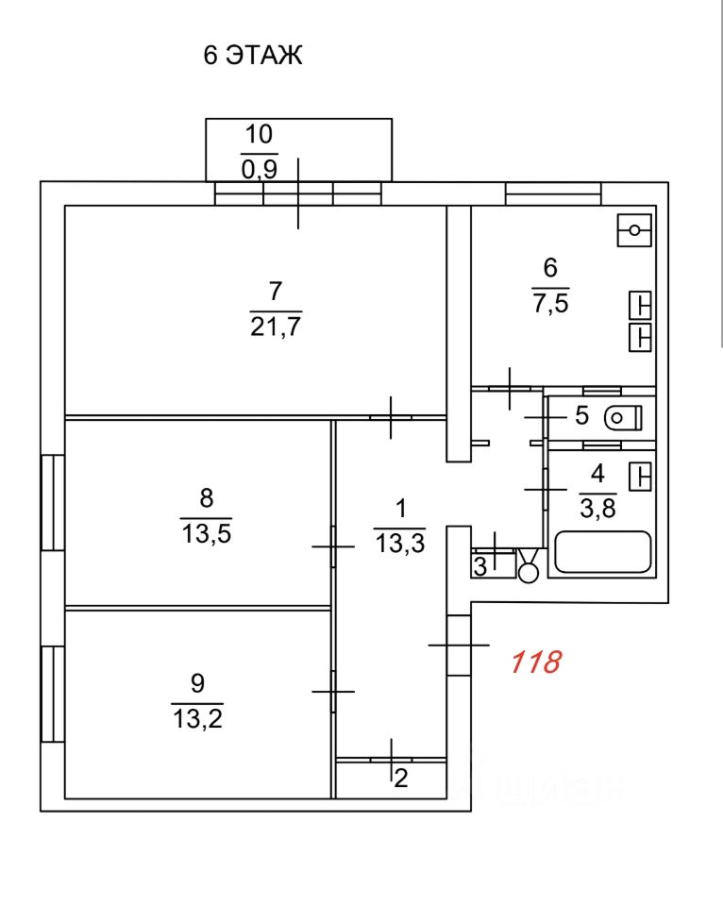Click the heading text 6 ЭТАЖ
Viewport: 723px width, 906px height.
click(x=252, y=56)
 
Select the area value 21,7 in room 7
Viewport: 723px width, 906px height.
click(x=276, y=328)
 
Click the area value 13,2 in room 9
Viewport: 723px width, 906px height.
click(x=197, y=719)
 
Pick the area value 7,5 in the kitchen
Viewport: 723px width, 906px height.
click(x=551, y=304)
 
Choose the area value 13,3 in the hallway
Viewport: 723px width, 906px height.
click(x=399, y=544)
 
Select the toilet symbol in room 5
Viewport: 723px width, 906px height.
click(x=622, y=415)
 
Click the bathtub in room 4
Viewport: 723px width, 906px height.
click(x=602, y=552)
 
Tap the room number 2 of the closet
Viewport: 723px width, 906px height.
click(x=401, y=780)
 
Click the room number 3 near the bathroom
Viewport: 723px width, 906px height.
click(x=479, y=567)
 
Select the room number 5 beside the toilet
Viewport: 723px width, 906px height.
click(x=581, y=415)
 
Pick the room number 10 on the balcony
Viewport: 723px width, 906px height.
click(x=259, y=133)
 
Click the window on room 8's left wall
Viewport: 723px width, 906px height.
click(x=53, y=502)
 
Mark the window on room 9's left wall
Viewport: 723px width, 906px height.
click(x=53, y=693)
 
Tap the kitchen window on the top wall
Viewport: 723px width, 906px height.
click(x=553, y=193)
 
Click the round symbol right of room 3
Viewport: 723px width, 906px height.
click(x=529, y=569)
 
